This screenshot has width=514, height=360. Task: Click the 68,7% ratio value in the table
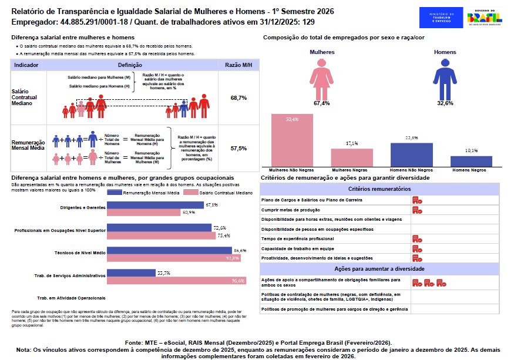tap(238, 97)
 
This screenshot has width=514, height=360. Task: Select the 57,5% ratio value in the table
tap(238, 149)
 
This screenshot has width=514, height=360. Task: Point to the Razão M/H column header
tap(238, 65)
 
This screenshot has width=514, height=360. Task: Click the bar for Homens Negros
tap(471, 160)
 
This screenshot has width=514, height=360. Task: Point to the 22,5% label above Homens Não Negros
tap(411, 138)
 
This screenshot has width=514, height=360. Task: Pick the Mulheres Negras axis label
tap(352, 170)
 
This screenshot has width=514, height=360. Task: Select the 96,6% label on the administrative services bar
tap(238, 281)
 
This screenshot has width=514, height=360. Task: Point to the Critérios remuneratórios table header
tap(379, 189)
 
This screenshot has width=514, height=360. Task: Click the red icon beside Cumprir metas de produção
tap(417, 210)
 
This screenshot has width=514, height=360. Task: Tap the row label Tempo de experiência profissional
tap(297, 239)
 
